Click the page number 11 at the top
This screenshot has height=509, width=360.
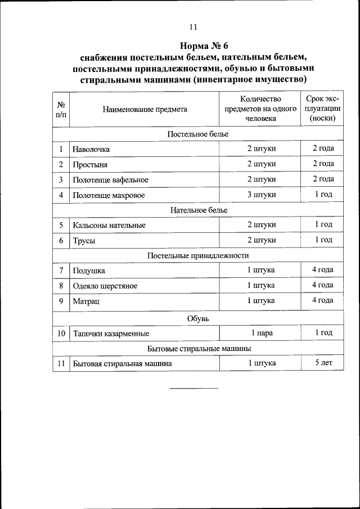coord(193,26)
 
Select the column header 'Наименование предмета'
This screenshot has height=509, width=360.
coord(145,110)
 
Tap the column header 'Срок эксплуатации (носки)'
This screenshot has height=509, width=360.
coord(323,109)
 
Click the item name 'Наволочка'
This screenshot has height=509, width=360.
coord(91,149)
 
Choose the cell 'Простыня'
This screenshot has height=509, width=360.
coord(89,164)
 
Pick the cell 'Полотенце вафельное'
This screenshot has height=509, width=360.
coord(110,179)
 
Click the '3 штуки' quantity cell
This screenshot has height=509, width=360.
coord(262,195)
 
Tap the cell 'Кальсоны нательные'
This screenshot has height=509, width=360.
coord(109,225)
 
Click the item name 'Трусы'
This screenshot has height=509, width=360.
coord(84,240)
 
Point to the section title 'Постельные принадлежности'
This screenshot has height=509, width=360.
coord(198,255)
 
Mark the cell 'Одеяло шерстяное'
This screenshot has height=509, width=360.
coord(105,286)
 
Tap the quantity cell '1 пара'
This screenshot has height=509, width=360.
coord(262,333)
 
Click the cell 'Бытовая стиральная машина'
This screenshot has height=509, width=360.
coord(122,363)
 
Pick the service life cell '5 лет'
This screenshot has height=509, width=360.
coord(323,363)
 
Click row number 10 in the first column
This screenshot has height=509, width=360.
coord(61,333)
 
